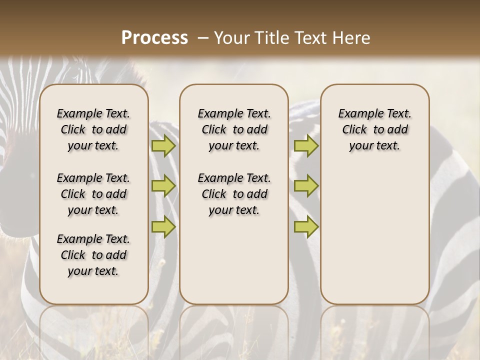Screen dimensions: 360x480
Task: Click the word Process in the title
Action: [154, 38]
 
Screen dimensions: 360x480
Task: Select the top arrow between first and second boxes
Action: [163, 146]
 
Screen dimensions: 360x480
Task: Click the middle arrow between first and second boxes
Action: [163, 186]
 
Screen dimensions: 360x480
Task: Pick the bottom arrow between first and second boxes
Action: [163, 226]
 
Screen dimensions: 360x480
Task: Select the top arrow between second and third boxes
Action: [306, 146]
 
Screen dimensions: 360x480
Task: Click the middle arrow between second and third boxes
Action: [306, 186]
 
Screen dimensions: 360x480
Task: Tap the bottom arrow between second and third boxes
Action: [306, 226]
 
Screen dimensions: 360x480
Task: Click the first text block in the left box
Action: [93, 129]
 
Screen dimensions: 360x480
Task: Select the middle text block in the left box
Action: [93, 194]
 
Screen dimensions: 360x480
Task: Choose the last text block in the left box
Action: [93, 255]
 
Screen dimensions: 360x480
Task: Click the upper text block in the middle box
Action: [234, 129]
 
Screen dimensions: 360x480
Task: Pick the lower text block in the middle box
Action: [234, 194]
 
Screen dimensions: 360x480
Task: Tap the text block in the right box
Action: [374, 129]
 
